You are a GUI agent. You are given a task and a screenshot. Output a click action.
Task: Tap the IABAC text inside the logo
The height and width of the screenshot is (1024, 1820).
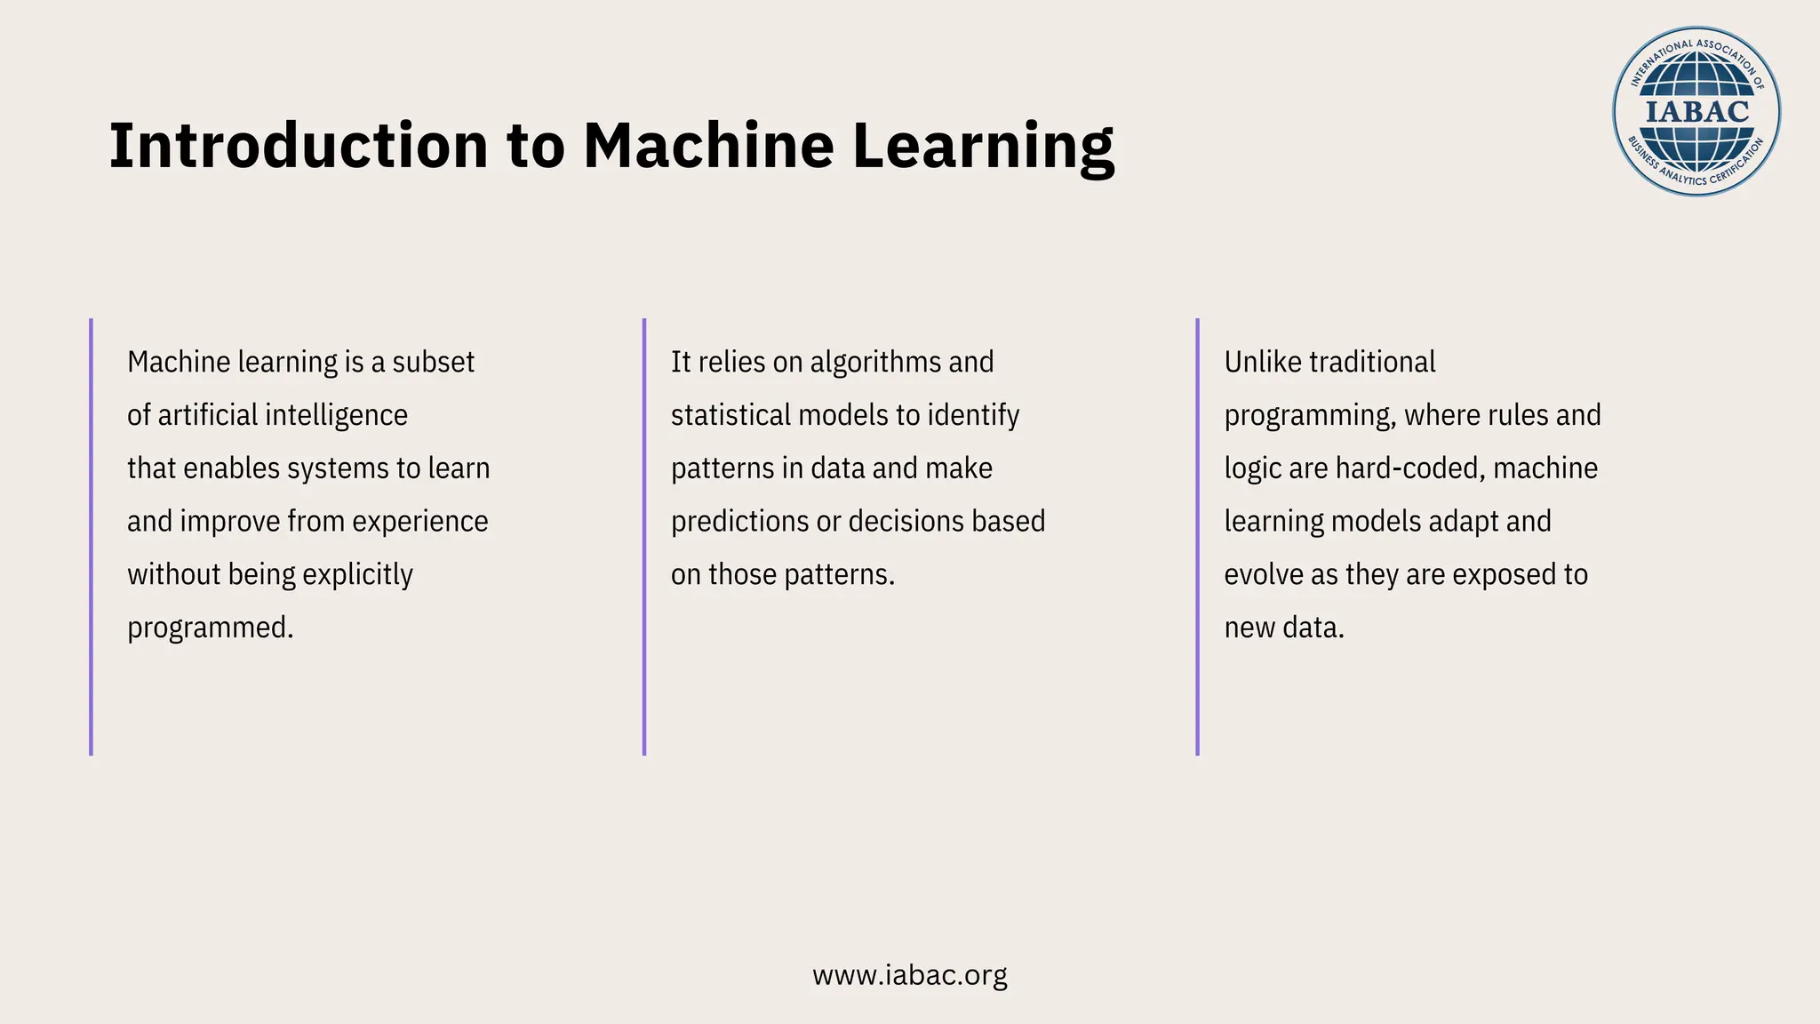tap(1696, 112)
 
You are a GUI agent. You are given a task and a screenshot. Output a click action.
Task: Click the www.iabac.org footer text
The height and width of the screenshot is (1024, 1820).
tap(909, 975)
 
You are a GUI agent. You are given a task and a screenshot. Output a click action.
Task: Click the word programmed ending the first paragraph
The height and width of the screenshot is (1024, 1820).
tap(210, 628)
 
